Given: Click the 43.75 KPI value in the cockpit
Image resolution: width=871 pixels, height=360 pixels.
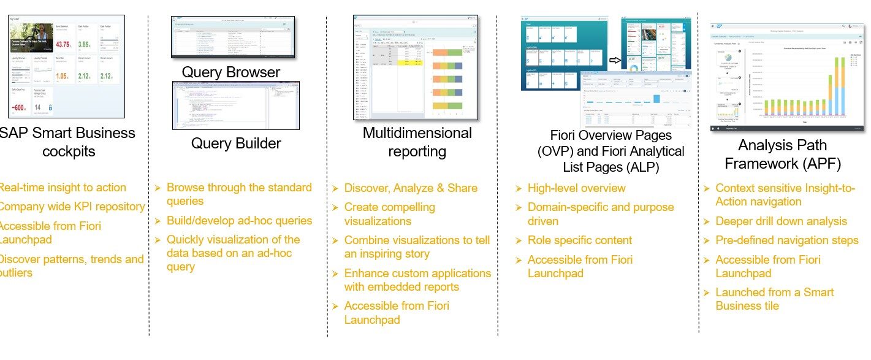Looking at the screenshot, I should click(63, 45).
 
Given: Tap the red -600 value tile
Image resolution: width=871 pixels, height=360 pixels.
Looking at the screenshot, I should click(20, 108).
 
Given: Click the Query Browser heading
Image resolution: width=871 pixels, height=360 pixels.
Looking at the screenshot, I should click(230, 72).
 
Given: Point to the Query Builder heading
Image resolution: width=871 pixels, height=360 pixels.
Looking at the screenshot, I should click(236, 144).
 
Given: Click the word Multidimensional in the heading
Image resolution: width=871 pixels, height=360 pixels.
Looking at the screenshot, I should click(417, 133).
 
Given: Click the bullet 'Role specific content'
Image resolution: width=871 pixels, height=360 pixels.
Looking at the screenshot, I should click(580, 240).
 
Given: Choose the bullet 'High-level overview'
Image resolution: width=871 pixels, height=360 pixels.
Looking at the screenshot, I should click(577, 188).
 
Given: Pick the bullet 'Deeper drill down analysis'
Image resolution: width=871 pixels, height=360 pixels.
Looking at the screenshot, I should click(781, 221).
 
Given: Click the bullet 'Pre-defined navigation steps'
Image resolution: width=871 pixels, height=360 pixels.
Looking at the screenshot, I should click(787, 240).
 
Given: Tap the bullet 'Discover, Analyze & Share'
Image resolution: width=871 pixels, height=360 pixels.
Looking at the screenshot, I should click(411, 188).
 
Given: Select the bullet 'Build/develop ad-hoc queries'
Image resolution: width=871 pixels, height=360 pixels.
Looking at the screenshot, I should click(239, 221).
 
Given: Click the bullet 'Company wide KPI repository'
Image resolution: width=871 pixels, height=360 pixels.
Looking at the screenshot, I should click(71, 207).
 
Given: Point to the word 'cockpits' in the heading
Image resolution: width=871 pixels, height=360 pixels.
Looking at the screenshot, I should click(69, 151).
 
